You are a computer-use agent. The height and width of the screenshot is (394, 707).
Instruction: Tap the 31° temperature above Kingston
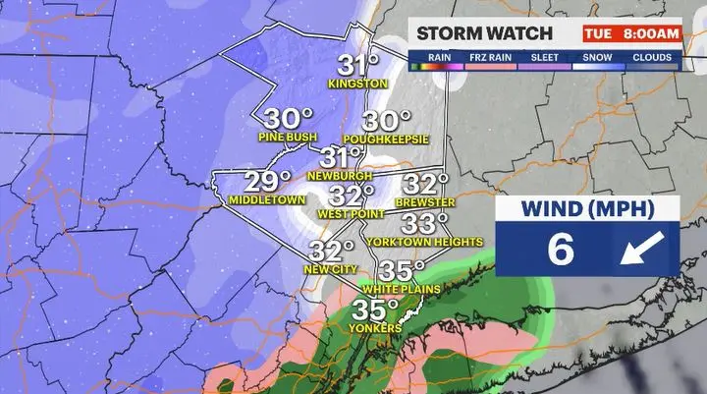pos(359,65)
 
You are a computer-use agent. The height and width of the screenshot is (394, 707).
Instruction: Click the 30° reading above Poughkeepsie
pos(386,121)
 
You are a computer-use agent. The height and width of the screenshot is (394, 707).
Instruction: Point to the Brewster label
pos(425,202)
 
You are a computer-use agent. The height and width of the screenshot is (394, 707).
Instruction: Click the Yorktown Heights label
pos(424,241)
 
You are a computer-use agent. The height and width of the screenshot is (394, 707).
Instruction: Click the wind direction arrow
pos(641,251)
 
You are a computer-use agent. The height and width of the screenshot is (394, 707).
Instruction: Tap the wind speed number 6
pos(560,250)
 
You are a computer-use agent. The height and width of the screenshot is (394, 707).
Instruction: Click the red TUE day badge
pos(598,33)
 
